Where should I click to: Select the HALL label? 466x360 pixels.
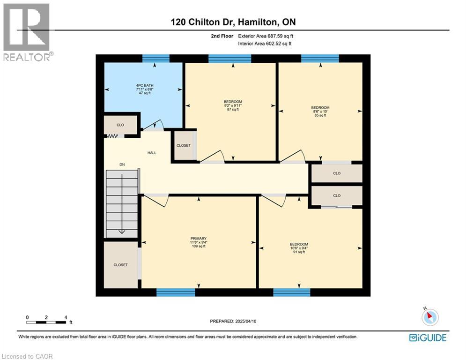(152, 153)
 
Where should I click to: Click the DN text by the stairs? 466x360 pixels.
(122, 165)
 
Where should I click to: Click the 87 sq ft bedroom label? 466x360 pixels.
(233, 105)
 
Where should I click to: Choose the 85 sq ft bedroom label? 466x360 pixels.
(320, 111)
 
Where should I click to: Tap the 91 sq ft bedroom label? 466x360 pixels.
(299, 247)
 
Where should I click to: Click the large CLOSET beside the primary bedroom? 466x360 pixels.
(120, 265)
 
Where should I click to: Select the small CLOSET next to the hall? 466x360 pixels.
(184, 146)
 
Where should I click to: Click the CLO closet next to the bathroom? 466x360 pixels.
(120, 125)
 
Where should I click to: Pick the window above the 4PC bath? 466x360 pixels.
(155, 59)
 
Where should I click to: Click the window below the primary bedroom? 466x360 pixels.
(176, 292)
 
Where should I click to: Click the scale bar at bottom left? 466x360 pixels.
(46, 322)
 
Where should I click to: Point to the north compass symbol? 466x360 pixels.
(429, 317)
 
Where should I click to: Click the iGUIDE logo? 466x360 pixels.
(427, 337)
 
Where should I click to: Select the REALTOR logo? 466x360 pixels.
(27, 32)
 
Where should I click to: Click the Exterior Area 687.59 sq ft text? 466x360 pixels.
(266, 36)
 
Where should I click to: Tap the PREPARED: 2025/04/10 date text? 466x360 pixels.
(233, 321)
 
